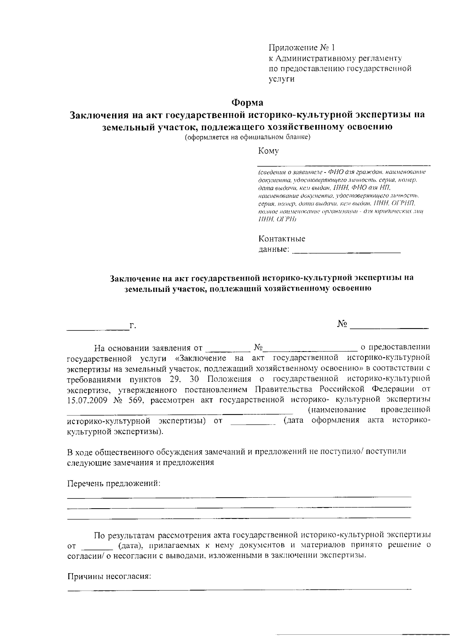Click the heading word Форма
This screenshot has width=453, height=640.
click(247, 102)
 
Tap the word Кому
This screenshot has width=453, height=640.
click(268, 151)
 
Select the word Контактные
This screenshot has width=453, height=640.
click(282, 239)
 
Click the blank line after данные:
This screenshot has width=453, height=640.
click(346, 251)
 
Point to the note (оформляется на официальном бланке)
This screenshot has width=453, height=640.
click(247, 137)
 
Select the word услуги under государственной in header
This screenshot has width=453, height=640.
click(282, 79)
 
